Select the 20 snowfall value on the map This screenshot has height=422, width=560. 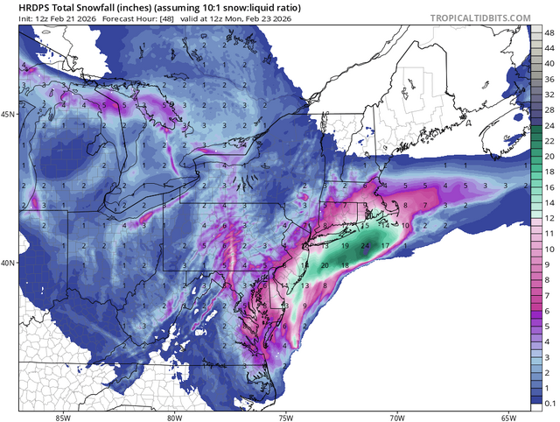click(325, 265)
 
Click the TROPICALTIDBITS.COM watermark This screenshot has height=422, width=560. click(479, 18)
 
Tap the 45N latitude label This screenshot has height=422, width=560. click(9, 115)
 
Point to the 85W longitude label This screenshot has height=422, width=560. click(62, 416)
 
